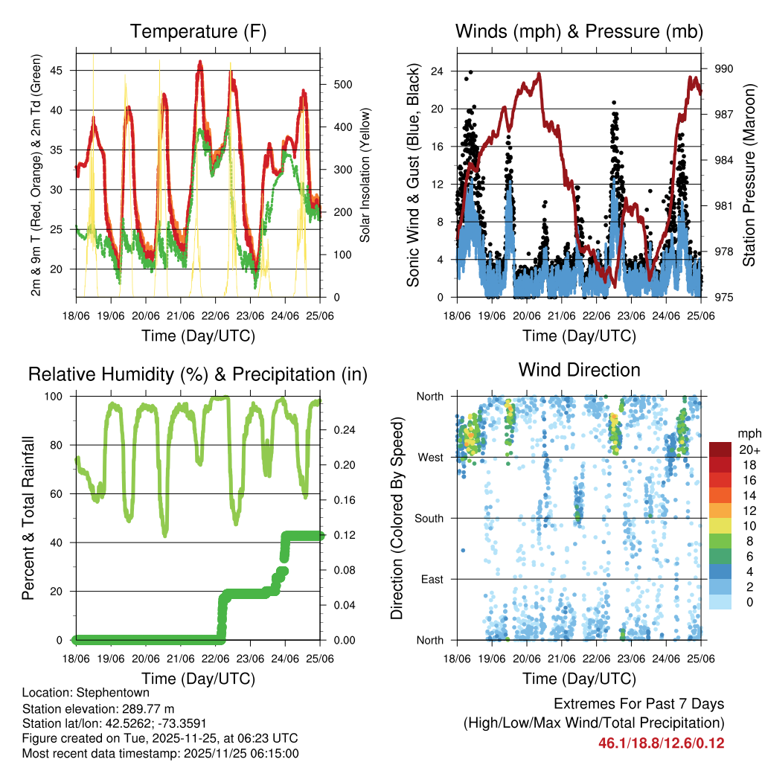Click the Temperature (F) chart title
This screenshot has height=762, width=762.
tap(198, 31)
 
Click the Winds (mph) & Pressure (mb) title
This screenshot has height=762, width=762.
tap(580, 31)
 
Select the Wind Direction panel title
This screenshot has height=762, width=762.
tap(580, 370)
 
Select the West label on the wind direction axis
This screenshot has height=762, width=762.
tap(430, 457)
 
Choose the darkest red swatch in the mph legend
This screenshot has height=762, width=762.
tap(720, 449)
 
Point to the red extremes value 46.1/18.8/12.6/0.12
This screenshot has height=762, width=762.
tap(661, 743)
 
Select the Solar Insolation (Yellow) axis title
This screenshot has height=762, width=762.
tap(365, 175)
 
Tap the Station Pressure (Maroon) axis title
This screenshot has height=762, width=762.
tap(748, 175)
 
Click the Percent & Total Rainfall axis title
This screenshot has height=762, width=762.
tap(27, 518)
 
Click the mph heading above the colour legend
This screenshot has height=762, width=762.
tap(746, 434)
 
